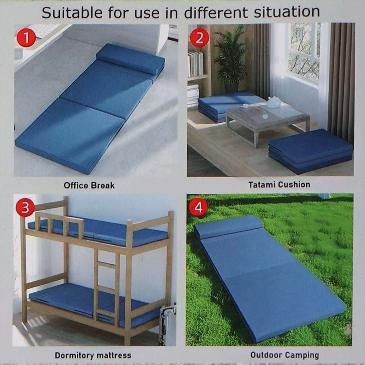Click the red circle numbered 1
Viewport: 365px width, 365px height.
[26, 38]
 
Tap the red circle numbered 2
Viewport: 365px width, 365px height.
[199, 38]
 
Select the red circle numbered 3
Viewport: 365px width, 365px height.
[26, 207]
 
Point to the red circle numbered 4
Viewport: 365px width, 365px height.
[198, 207]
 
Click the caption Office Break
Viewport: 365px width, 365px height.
[89, 185]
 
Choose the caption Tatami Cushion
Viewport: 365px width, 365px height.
[279, 184]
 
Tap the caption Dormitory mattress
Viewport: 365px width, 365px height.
[93, 355]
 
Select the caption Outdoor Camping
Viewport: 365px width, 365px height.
[284, 355]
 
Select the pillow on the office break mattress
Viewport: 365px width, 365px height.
[130, 59]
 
